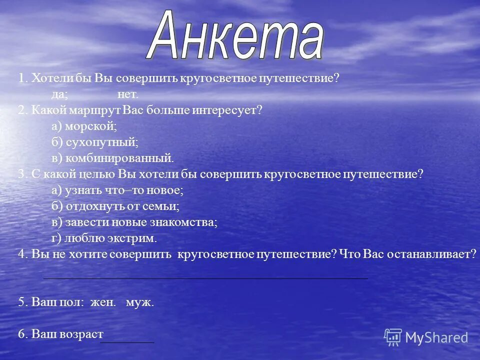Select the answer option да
[59, 94]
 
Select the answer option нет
[127, 94]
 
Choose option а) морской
[84, 126]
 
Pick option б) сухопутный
[94, 142]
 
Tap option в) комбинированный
[112, 158]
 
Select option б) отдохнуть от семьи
[115, 206]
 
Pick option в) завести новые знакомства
[134, 222]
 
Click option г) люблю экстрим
[107, 238]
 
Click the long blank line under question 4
[205, 277]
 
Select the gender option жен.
[103, 302]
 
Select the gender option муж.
[140, 302]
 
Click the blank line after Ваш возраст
[127, 342]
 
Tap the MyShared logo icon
[393, 337]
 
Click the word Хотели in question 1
[52, 78]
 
